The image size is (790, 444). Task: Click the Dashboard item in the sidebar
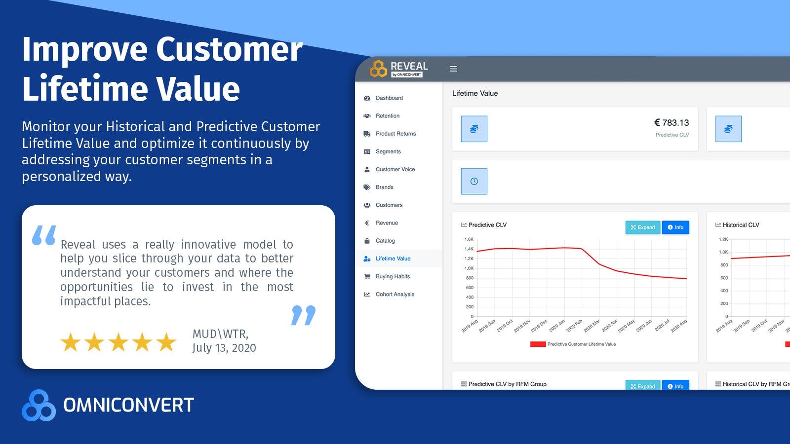click(x=389, y=98)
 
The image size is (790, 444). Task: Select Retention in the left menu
click(x=387, y=116)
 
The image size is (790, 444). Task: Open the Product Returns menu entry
click(x=395, y=134)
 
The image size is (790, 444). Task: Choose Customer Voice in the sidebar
click(x=395, y=169)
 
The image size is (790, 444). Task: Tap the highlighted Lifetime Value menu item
click(x=393, y=259)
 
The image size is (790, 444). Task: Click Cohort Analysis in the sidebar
click(x=395, y=295)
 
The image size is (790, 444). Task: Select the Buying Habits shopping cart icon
click(x=367, y=277)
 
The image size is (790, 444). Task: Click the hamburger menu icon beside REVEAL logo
click(x=453, y=69)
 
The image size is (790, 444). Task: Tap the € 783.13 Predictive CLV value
click(x=671, y=123)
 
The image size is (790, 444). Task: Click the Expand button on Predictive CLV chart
click(x=642, y=227)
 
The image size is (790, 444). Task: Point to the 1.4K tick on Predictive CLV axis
click(x=469, y=249)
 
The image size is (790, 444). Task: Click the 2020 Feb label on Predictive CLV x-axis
click(x=574, y=326)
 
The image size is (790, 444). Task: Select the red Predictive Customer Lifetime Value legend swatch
click(x=538, y=344)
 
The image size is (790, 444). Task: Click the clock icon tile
click(x=474, y=182)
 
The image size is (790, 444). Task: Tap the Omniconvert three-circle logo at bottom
click(x=39, y=406)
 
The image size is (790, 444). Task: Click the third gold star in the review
click(x=118, y=342)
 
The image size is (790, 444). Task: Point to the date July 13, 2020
click(x=224, y=348)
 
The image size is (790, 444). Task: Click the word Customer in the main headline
click(x=229, y=49)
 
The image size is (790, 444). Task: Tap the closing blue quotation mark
click(x=303, y=315)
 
